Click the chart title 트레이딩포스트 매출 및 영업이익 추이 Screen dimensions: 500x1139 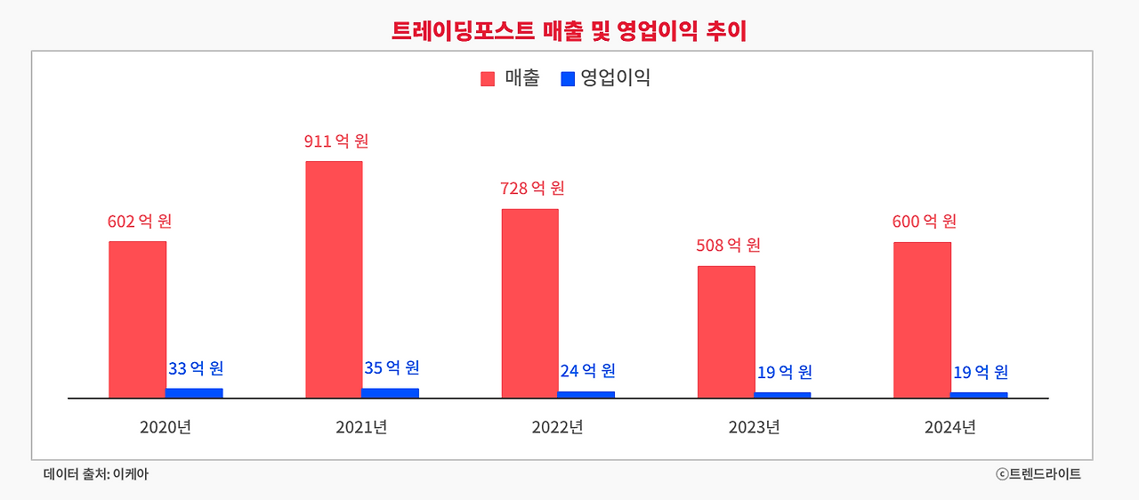(569, 30)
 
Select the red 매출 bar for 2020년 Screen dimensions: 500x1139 (137, 319)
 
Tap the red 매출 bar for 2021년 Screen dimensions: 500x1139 (334, 279)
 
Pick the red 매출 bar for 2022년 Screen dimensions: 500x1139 (529, 303)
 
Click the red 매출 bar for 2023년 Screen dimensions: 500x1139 (726, 332)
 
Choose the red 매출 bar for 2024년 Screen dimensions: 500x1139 (922, 319)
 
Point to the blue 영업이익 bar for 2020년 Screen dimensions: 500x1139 (194, 392)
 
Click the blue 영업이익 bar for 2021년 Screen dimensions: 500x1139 (390, 392)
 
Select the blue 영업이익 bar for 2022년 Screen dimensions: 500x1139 (586, 394)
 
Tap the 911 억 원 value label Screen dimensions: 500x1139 (335, 141)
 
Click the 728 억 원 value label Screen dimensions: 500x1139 (532, 189)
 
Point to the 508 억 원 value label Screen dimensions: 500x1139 (728, 246)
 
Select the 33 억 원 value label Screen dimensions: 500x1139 (195, 368)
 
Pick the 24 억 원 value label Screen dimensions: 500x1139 (587, 371)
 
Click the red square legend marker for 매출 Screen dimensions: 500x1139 (488, 78)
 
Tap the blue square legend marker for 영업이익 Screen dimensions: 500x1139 (568, 78)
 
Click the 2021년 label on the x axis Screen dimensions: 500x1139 (361, 427)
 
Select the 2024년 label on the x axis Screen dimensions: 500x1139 (950, 427)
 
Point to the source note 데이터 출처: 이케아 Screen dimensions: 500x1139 (96, 474)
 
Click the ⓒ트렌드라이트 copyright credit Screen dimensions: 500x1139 (1038, 474)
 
